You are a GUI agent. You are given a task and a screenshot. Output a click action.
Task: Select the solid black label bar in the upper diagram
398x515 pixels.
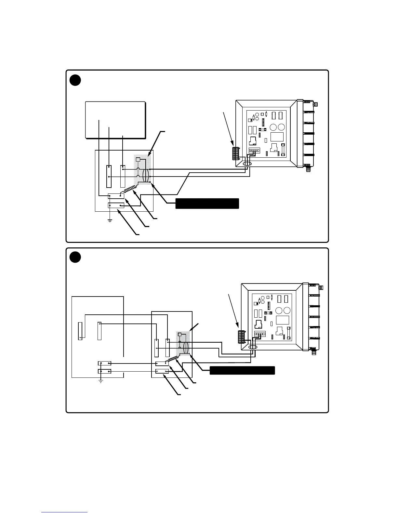pyautogui.click(x=207, y=203)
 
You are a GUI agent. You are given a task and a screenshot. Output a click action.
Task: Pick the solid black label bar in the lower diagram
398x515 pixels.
pyautogui.click(x=242, y=370)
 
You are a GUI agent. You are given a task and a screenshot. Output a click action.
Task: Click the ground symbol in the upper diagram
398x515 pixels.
pyautogui.click(x=110, y=221)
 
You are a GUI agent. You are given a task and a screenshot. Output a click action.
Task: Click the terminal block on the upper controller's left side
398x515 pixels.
pyautogui.click(x=236, y=153)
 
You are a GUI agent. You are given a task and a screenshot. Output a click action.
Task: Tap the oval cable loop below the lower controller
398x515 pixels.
pyautogui.click(x=253, y=348)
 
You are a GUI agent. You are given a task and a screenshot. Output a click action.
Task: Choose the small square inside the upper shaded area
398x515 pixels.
pyautogui.click(x=138, y=160)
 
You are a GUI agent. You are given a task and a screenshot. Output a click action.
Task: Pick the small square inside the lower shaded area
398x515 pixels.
pyautogui.click(x=179, y=335)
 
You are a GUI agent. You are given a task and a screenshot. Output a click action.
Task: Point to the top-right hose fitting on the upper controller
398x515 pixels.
pyautogui.click(x=315, y=105)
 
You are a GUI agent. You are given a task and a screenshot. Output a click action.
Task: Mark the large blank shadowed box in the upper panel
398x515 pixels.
pyautogui.click(x=115, y=120)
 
